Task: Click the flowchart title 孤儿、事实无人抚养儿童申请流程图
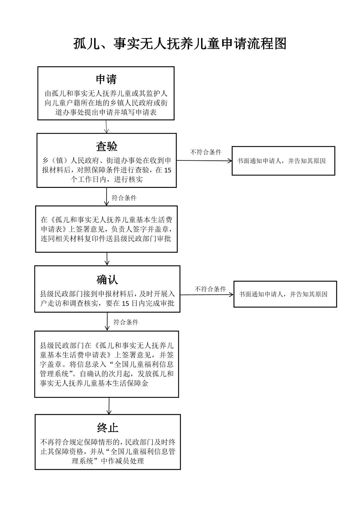pos(180,44)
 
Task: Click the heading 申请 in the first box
pos(106,79)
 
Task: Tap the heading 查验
pos(107,146)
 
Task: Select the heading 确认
pos(107,280)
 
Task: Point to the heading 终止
pos(108,428)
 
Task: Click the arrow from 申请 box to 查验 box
pos(106,127)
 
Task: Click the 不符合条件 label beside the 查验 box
pos(206,152)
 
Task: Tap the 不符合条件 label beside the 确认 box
pos(210,289)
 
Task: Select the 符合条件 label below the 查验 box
pos(124,198)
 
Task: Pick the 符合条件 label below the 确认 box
pos(126,322)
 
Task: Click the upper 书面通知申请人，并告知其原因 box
pos(283,161)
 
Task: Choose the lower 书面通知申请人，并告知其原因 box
pos(285,294)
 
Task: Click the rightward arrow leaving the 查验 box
pos(204,161)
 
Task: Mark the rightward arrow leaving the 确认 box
pos(207,295)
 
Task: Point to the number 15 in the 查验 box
pos(168,170)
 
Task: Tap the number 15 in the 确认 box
pos(126,304)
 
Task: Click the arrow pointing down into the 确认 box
pos(107,259)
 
